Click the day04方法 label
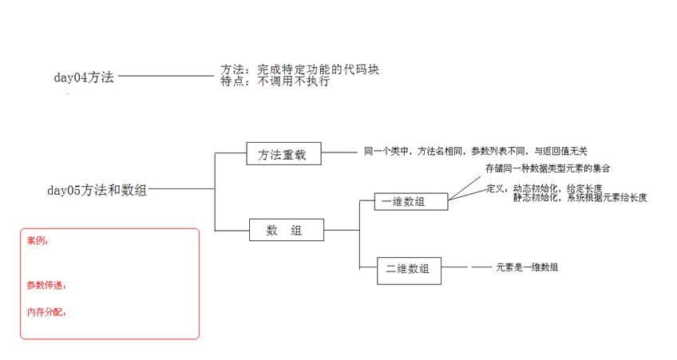click(84, 77)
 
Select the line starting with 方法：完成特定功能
click(299, 69)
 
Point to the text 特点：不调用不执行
click(275, 81)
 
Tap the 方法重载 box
click(283, 154)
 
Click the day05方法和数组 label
click(97, 190)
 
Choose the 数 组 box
click(287, 230)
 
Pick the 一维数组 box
click(411, 202)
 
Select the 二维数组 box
click(409, 271)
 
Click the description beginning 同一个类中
click(475, 151)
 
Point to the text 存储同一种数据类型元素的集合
click(548, 168)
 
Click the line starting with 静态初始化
click(580, 198)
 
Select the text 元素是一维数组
click(527, 267)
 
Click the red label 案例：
click(38, 241)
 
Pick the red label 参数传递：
click(46, 285)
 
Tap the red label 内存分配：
click(46, 312)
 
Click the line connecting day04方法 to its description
click(166, 76)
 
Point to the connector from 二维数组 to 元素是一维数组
click(466, 267)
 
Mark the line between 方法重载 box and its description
click(339, 152)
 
